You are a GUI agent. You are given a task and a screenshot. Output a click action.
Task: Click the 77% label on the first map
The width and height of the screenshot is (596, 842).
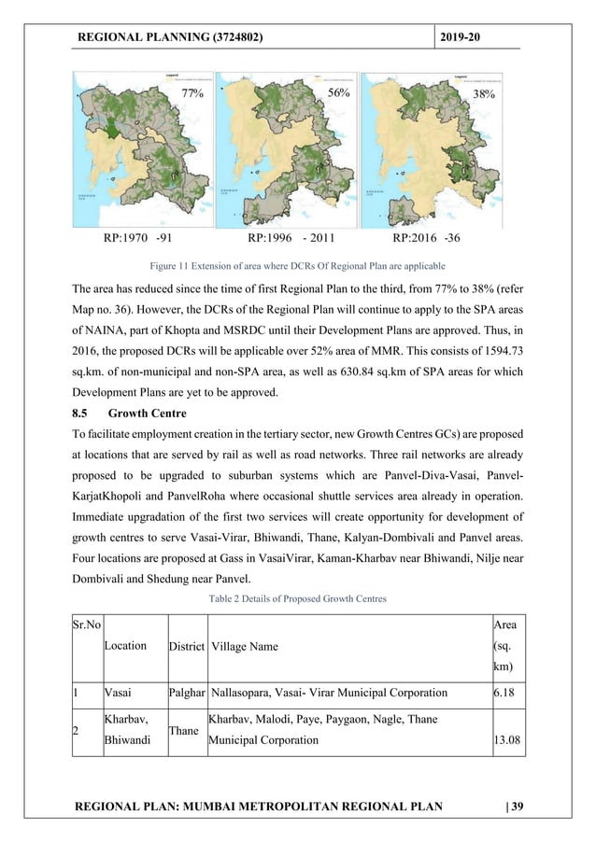point(192,93)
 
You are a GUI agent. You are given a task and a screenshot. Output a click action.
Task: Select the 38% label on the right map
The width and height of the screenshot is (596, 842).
point(483,93)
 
